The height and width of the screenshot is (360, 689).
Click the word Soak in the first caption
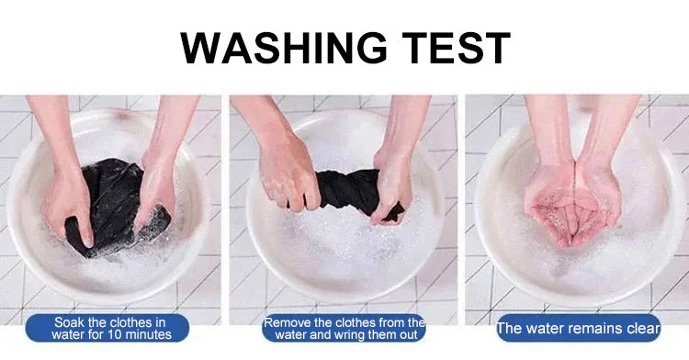(x=69, y=322)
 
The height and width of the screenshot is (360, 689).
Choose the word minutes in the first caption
(x=146, y=335)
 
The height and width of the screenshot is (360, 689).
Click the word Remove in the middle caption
(x=285, y=323)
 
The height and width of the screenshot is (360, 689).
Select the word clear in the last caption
(x=643, y=329)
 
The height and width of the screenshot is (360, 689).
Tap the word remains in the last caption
(x=595, y=329)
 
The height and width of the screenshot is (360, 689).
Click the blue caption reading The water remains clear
(x=578, y=328)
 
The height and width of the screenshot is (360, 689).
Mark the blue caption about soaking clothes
(x=107, y=328)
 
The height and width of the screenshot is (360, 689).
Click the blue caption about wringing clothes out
(x=344, y=328)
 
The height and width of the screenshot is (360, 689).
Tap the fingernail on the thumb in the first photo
(x=88, y=242)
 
